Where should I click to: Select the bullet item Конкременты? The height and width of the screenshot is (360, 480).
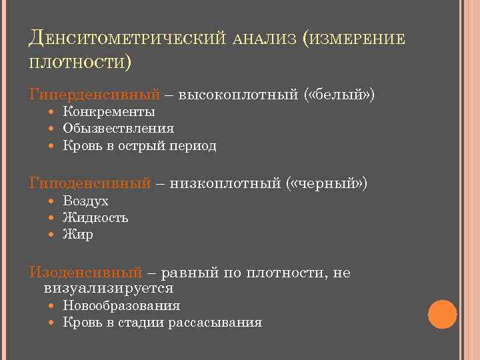pos(109,111)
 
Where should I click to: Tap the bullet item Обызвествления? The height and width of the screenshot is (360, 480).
pos(118,129)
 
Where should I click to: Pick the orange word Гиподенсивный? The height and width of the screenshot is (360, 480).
pos(90,183)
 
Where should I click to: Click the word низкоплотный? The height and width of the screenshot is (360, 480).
pos(226,183)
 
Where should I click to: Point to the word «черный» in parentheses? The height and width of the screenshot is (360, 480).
pos(327,183)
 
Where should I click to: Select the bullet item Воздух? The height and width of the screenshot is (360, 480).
pos(85,201)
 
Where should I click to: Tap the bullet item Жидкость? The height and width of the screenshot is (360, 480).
pos(95,217)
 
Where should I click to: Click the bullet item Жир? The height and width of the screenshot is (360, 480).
pos(78,235)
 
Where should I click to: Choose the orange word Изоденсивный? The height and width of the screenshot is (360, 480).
pos(85,273)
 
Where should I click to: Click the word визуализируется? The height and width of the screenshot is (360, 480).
pos(109,289)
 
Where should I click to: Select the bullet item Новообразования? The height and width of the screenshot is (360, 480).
pos(121,306)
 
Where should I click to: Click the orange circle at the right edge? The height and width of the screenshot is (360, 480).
pos(442,314)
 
